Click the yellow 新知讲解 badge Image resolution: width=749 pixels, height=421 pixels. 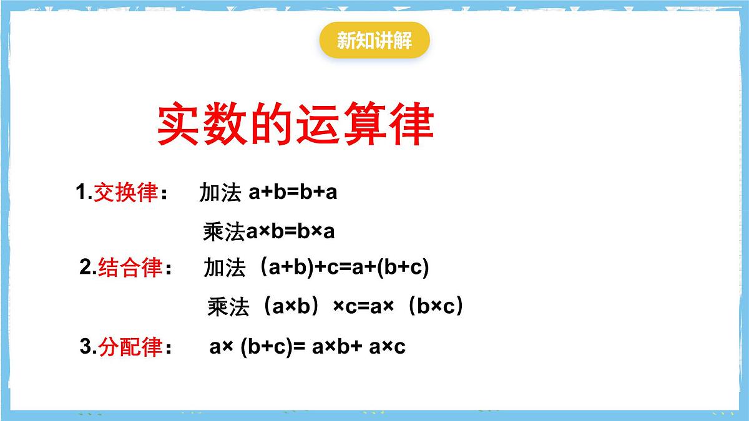click(x=374, y=41)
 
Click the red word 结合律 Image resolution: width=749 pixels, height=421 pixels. click(x=130, y=268)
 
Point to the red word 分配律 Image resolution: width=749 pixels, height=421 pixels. click(x=130, y=347)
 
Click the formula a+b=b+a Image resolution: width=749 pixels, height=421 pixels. click(x=293, y=192)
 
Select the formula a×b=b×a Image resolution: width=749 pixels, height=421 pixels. click(x=290, y=231)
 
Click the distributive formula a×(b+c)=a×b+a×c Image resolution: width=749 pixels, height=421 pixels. click(x=307, y=347)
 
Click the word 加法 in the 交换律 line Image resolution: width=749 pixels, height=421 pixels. click(x=220, y=193)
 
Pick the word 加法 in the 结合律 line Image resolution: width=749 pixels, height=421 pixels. click(x=224, y=268)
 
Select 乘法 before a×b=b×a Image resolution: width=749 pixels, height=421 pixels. click(x=223, y=232)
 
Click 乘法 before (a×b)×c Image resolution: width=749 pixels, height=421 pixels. click(x=228, y=307)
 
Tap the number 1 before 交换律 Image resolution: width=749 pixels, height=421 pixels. click(x=82, y=193)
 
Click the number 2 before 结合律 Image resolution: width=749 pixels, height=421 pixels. click(x=86, y=268)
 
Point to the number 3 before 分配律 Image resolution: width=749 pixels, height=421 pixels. click(x=86, y=347)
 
